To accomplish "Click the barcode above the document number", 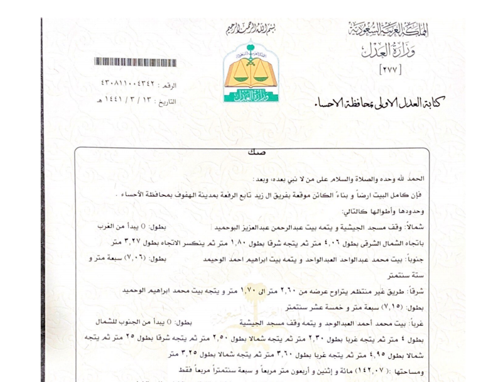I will pyautogui.click(x=135, y=62).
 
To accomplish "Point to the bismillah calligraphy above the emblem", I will pyautogui.click(x=250, y=29).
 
